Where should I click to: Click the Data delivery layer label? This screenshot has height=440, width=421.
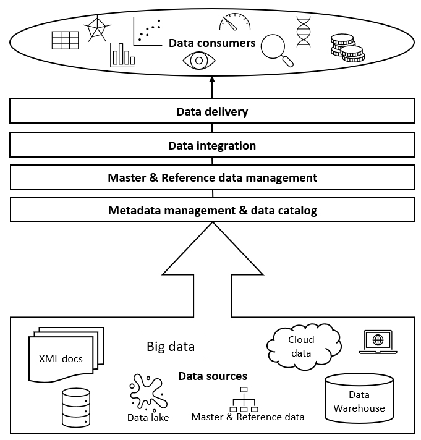click(x=212, y=112)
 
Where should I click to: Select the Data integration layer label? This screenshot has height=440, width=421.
click(x=212, y=146)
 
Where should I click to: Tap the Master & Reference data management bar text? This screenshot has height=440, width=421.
click(x=212, y=178)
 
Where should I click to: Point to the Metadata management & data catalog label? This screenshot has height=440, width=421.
click(x=212, y=211)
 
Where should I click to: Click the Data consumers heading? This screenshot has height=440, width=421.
click(x=212, y=43)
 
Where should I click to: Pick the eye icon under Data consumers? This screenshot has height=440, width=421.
click(x=197, y=61)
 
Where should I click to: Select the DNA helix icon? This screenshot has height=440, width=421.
click(x=303, y=32)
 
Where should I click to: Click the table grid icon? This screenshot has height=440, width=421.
click(x=65, y=40)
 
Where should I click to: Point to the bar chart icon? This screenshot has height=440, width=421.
click(x=122, y=55)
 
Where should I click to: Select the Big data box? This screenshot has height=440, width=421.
click(x=171, y=347)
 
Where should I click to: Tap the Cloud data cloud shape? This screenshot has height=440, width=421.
click(x=303, y=347)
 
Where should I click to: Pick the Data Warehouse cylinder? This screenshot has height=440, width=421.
click(x=359, y=401)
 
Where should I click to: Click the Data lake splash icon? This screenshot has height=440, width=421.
click(x=147, y=393)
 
